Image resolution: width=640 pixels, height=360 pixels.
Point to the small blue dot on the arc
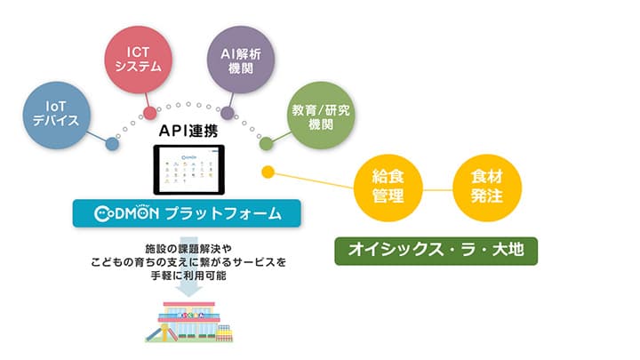[x=112, y=143]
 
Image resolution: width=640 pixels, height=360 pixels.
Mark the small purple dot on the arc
[x=227, y=113]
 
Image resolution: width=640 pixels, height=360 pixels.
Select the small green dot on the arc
[x=265, y=143]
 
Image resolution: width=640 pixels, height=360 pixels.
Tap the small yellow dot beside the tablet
[x=265, y=172]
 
